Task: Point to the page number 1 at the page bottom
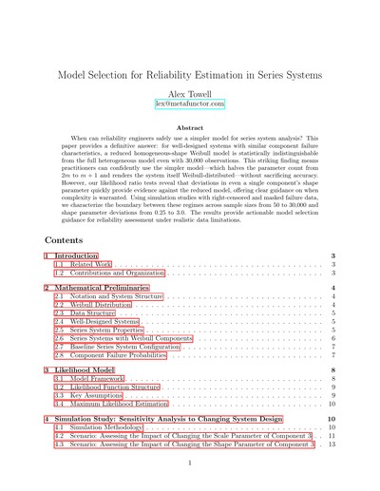tap(190, 463)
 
